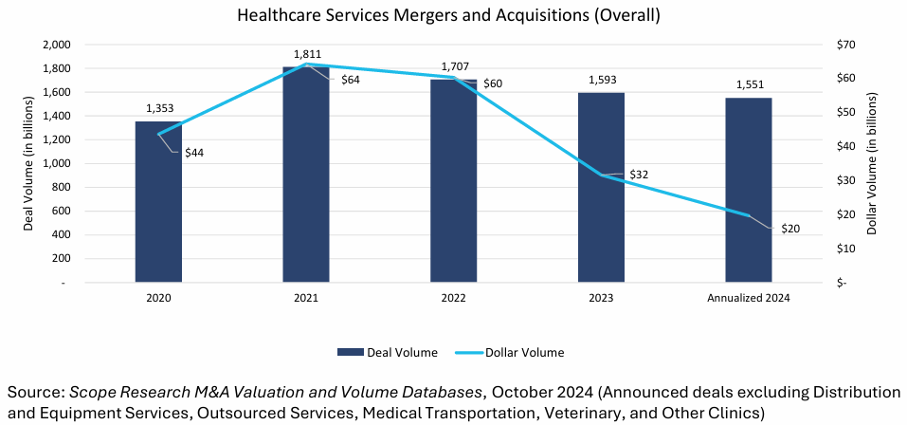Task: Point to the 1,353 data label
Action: coord(158,109)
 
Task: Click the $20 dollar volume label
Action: coord(790,229)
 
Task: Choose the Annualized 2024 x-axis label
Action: coord(749,297)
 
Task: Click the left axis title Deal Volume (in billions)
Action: coord(28,162)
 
